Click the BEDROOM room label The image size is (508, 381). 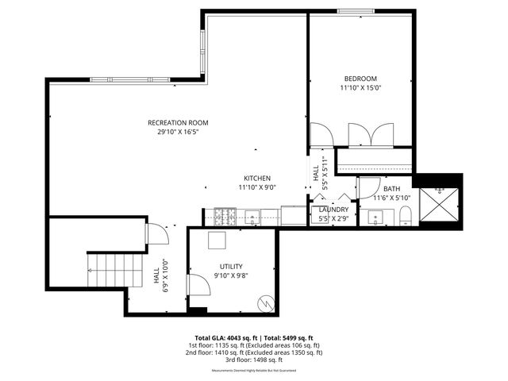tap(360, 78)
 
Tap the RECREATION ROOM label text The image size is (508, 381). tap(178, 122)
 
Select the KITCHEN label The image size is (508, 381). tap(257, 178)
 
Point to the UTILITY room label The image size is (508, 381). tap(232, 266)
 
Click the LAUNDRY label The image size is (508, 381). tap(333, 210)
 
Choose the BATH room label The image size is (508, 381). tap(392, 188)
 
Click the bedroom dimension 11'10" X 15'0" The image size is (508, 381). tap(360, 89)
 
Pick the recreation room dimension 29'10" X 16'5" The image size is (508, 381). tap(178, 133)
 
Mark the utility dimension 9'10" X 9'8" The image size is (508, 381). tap(232, 276)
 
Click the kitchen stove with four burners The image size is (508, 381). tap(224, 215)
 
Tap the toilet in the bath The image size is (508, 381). tap(404, 215)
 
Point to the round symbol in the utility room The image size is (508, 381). tap(267, 302)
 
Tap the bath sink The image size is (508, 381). tap(373, 215)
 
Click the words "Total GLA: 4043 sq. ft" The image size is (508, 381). tap(224, 337)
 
